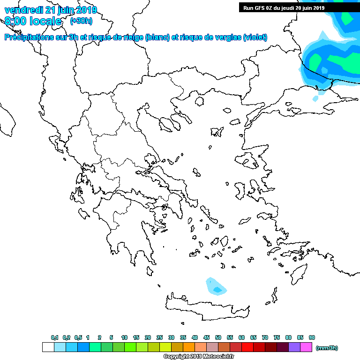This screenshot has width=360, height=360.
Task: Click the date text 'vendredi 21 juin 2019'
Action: click(x=51, y=10)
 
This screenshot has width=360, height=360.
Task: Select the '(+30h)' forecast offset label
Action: click(x=81, y=21)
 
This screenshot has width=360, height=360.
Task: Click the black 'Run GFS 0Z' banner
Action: click(x=284, y=7)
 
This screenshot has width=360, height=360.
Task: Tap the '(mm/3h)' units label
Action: click(x=327, y=348)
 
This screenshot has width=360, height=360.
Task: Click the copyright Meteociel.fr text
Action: click(x=198, y=357)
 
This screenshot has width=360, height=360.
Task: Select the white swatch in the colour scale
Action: click(x=48, y=347)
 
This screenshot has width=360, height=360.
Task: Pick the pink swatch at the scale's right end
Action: click(x=306, y=347)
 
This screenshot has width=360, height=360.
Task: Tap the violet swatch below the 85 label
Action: click(x=294, y=347)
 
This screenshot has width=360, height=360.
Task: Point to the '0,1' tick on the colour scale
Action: click(x=54, y=337)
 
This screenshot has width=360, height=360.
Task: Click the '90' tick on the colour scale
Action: click(x=312, y=337)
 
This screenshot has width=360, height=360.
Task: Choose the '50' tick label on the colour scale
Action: click(x=218, y=337)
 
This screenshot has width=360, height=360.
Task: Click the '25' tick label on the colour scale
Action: click(x=159, y=337)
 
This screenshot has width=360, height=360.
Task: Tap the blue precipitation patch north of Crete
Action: click(x=216, y=286)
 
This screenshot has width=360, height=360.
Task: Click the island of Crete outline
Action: click(x=206, y=305)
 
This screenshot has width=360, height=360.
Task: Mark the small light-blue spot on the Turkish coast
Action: click(x=315, y=99)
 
